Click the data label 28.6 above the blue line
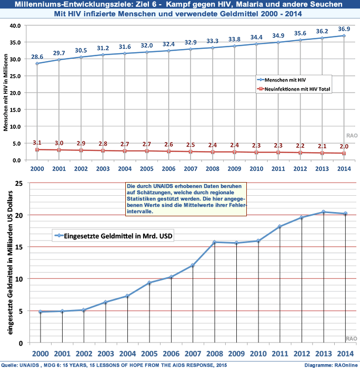click(x=37, y=56)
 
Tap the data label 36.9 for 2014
click(x=344, y=28)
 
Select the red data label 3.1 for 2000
click(x=37, y=143)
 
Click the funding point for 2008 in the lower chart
click(x=215, y=242)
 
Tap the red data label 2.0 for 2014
click(x=344, y=147)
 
